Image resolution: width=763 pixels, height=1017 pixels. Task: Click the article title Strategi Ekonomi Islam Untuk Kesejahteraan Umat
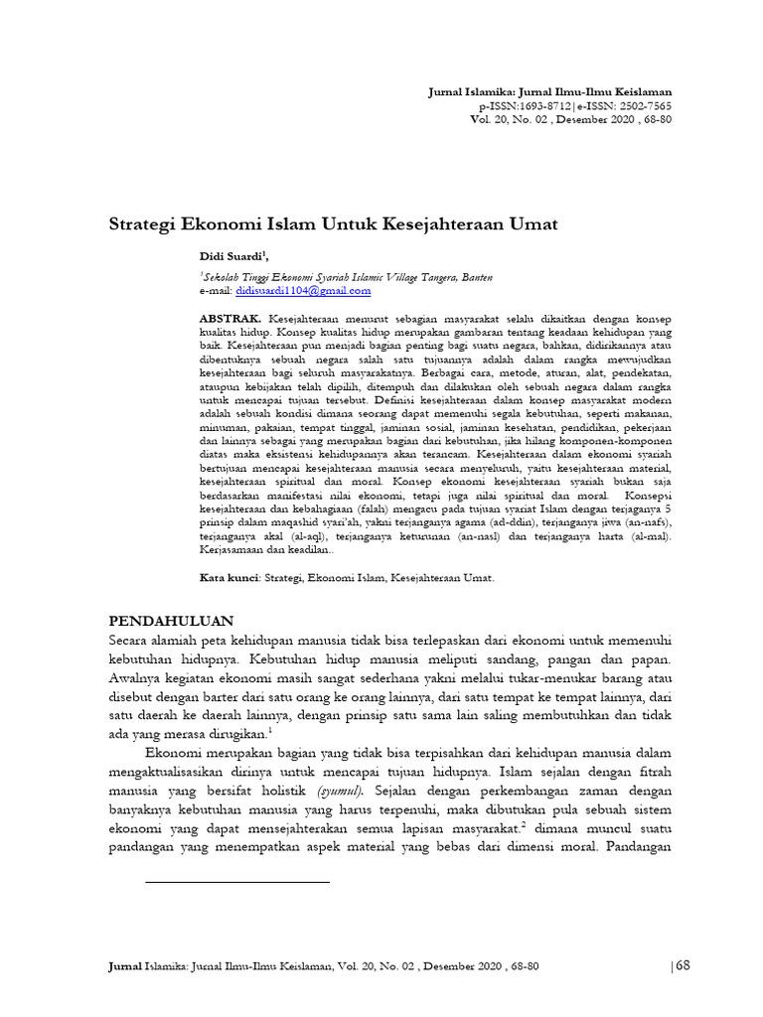click(332, 223)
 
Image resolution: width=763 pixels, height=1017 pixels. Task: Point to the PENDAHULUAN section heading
click(178, 619)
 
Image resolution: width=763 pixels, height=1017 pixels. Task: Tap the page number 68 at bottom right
click(682, 967)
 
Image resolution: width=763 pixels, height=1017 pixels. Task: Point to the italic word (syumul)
click(340, 791)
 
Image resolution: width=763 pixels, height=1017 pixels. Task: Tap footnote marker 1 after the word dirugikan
click(268, 731)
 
